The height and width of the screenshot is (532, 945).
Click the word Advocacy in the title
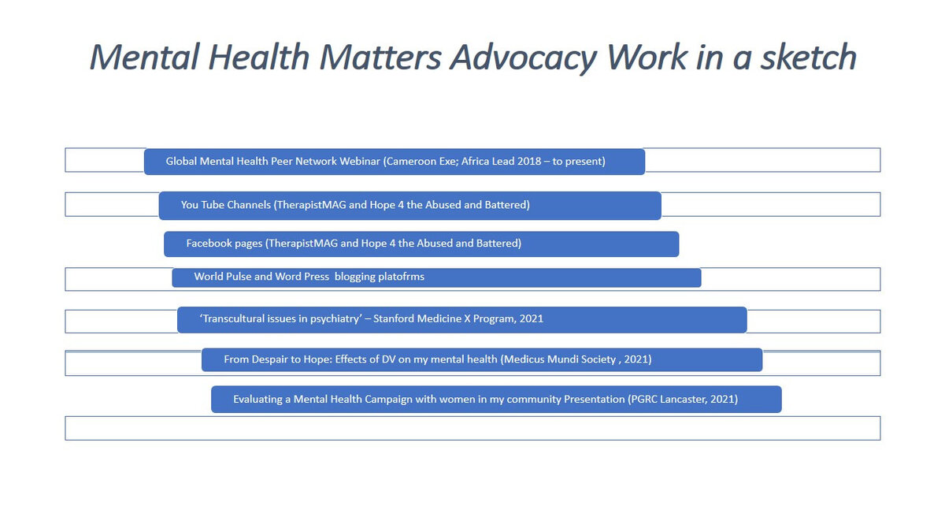tap(523, 58)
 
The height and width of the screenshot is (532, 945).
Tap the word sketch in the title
tap(808, 57)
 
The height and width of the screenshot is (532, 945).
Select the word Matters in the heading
tap(380, 57)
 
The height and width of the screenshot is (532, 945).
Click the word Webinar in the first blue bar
tap(360, 162)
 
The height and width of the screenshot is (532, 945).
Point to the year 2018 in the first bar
tap(529, 162)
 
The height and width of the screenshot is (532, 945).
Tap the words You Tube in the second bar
tap(205, 205)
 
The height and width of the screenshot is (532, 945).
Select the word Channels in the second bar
tap(251, 205)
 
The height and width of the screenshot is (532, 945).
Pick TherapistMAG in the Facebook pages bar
tap(301, 244)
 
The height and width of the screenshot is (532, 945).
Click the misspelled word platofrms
tap(401, 277)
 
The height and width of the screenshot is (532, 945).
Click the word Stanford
tap(394, 318)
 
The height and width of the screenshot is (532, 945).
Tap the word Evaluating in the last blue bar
tap(258, 400)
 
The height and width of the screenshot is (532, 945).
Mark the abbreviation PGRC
tap(643, 400)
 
